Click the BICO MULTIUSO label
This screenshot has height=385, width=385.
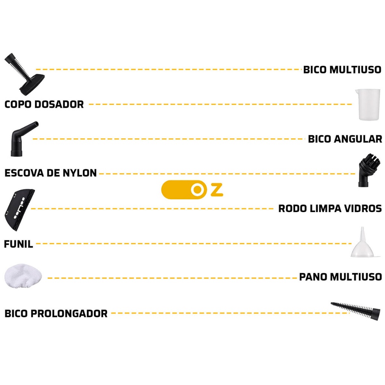click(342, 70)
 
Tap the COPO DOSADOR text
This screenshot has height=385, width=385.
click(44, 104)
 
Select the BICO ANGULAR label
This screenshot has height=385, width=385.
click(345, 139)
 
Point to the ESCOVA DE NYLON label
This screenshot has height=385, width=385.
click(50, 173)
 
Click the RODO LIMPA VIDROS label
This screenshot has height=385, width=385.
click(330, 209)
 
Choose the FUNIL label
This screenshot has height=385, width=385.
click(18, 244)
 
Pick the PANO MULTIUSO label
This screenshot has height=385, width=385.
click(340, 277)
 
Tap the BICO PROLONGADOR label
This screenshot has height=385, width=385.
click(56, 314)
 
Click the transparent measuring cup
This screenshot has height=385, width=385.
click(369, 105)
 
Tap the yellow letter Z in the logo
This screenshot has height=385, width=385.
click(217, 190)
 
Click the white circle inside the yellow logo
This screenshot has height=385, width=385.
click(196, 190)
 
